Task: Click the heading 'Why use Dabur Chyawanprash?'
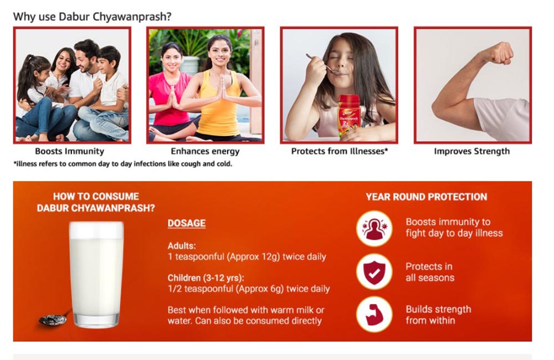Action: (92, 17)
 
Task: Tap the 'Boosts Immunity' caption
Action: (70, 151)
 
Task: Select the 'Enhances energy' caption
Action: (205, 151)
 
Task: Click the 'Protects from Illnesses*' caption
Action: (339, 151)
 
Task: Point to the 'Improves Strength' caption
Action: (471, 151)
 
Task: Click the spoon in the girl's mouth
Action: (321, 65)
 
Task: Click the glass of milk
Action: (96, 275)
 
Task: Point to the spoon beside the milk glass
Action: (55, 318)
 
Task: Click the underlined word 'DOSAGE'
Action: (187, 223)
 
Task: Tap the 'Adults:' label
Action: (182, 245)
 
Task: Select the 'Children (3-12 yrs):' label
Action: (206, 277)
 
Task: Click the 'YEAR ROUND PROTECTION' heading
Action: (426, 197)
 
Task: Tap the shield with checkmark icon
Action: (374, 272)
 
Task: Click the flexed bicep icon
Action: (374, 315)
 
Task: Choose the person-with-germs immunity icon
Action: (374, 229)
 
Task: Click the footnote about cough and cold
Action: (122, 164)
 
